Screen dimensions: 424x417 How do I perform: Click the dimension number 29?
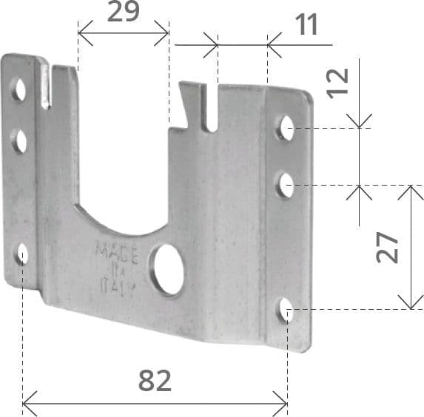[x=124, y=12]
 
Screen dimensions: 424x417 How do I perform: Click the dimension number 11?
[x=306, y=24]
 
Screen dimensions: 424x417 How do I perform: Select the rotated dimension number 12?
[x=337, y=84]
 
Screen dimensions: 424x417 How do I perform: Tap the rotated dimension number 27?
[x=387, y=247]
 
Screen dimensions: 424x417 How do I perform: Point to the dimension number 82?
[x=155, y=381]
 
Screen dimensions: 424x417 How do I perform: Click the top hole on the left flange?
[x=19, y=89]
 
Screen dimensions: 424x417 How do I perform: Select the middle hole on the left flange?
[x=19, y=141]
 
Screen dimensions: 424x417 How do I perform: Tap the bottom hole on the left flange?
[x=21, y=254]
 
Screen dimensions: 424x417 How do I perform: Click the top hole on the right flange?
[x=286, y=128]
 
